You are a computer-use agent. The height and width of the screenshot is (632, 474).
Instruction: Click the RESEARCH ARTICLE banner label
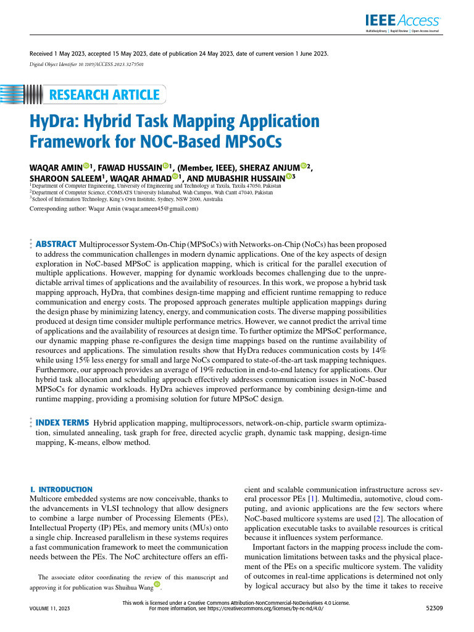(x=103, y=95)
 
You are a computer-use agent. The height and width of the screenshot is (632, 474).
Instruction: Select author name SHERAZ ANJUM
(x=269, y=167)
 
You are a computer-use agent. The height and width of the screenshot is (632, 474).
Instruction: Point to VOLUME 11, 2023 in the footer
(x=50, y=609)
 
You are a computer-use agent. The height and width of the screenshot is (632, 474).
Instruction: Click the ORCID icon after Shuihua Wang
(x=157, y=584)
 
